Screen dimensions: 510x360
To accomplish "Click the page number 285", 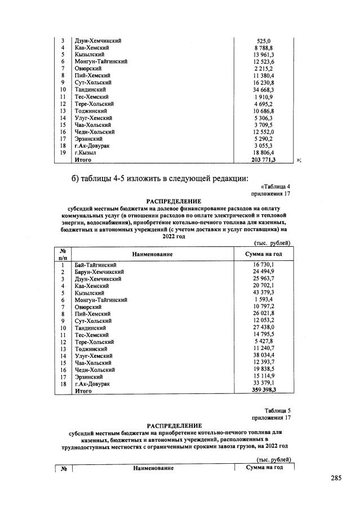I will [336, 478].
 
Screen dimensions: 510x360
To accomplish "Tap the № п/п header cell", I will [63, 254].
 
